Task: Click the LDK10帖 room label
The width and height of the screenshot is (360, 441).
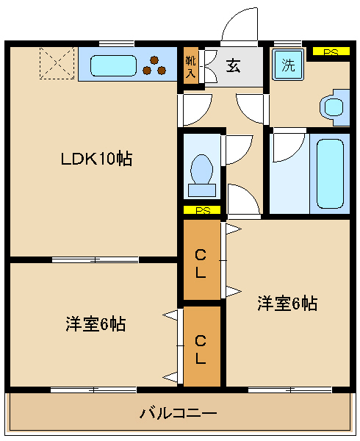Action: pos(96,159)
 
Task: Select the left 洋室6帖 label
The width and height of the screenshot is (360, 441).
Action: pos(96,324)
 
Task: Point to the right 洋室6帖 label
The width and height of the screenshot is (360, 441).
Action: pos(287,303)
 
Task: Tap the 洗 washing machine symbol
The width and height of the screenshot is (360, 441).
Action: pos(288,65)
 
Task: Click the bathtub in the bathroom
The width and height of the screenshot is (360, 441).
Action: pos(331,173)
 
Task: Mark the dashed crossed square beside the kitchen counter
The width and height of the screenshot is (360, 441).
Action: pos(57,63)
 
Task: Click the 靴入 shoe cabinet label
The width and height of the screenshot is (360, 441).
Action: pos(190,67)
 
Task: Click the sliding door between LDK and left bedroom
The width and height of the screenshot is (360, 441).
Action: pos(95,259)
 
